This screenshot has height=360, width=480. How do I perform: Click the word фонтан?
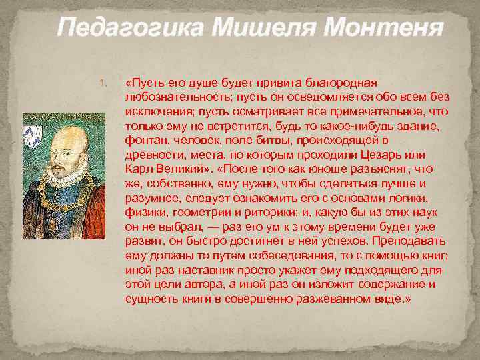pyautogui.click(x=144, y=141)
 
